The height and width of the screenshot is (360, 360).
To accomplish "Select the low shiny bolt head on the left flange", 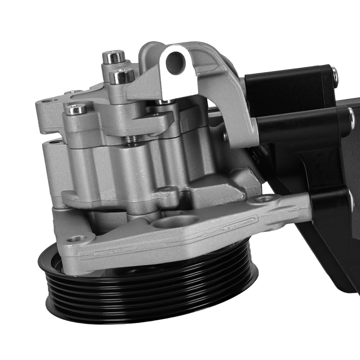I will (x=76, y=108).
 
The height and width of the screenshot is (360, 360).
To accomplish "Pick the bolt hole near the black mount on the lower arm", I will (x=266, y=198).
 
